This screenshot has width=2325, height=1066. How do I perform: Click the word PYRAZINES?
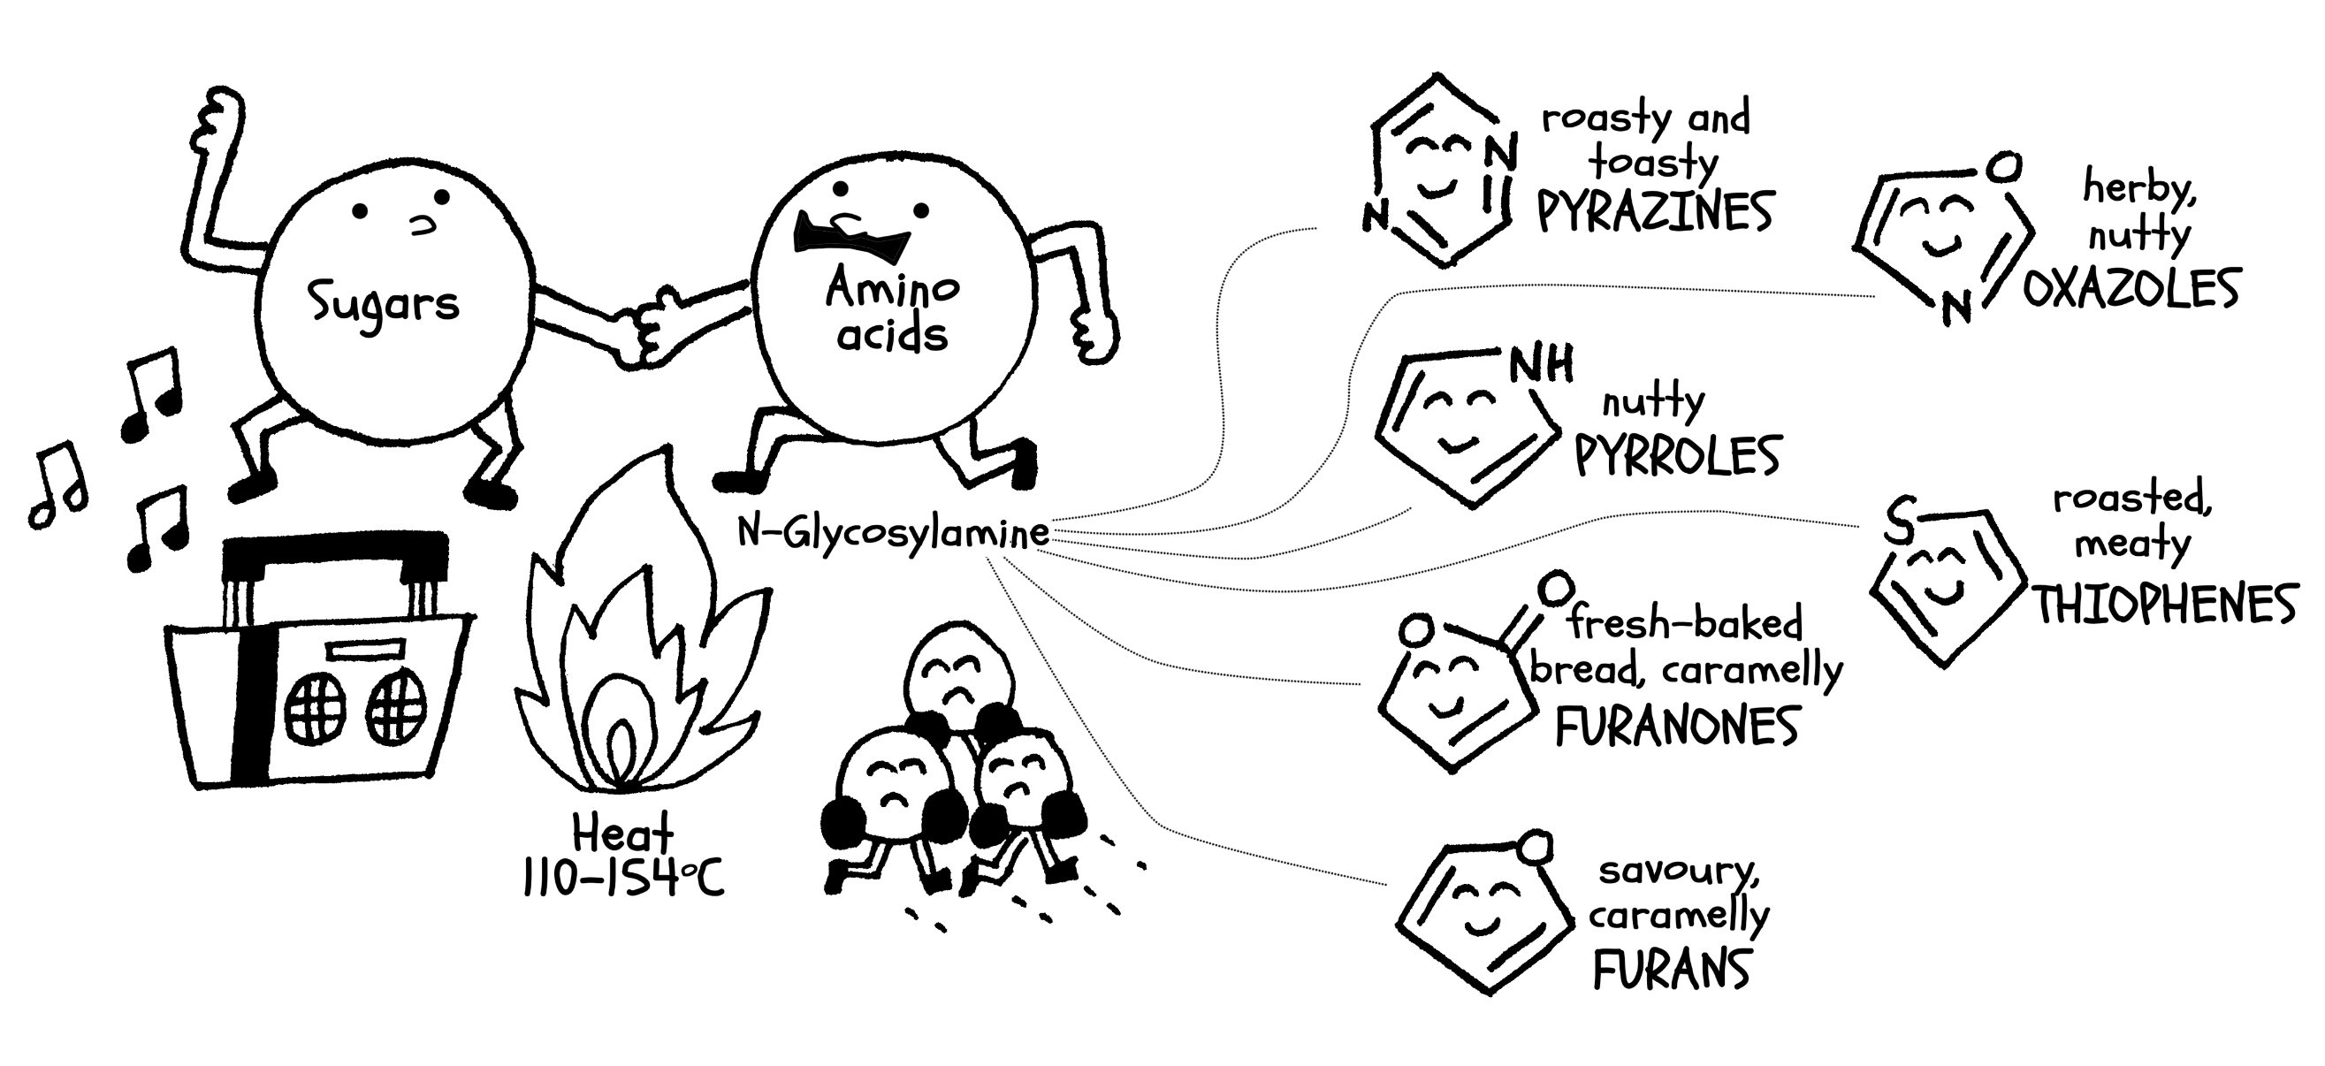point(1655,212)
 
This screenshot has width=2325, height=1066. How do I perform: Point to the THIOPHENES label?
point(2164,605)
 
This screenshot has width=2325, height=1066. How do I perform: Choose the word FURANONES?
point(1677,727)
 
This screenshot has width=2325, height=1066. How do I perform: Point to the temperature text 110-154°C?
point(622,878)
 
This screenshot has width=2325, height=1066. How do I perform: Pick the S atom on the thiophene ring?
point(1898,521)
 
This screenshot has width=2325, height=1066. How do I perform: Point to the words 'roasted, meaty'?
point(2132,521)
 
